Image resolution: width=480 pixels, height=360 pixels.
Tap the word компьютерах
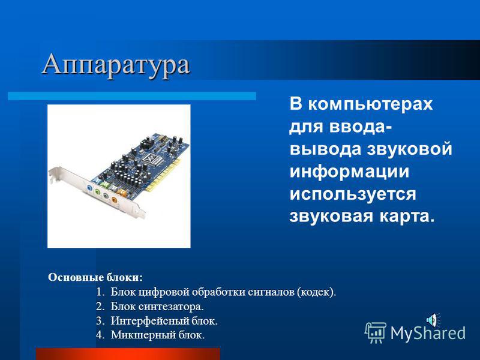point(370,104)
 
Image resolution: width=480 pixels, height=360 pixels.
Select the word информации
point(349,172)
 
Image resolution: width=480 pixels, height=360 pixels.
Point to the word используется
point(353,194)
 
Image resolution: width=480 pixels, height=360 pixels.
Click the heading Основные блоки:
point(95,277)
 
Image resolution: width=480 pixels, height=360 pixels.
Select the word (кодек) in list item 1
point(316,292)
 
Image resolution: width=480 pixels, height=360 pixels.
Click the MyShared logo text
point(428,332)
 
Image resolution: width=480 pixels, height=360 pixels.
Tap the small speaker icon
point(433,319)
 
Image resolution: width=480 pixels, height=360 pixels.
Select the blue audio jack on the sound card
point(89,188)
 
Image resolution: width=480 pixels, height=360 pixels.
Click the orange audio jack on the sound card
point(114,200)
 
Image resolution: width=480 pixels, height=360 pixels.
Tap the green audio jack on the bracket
point(97,192)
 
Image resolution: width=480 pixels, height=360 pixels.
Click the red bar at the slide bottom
point(128,354)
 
